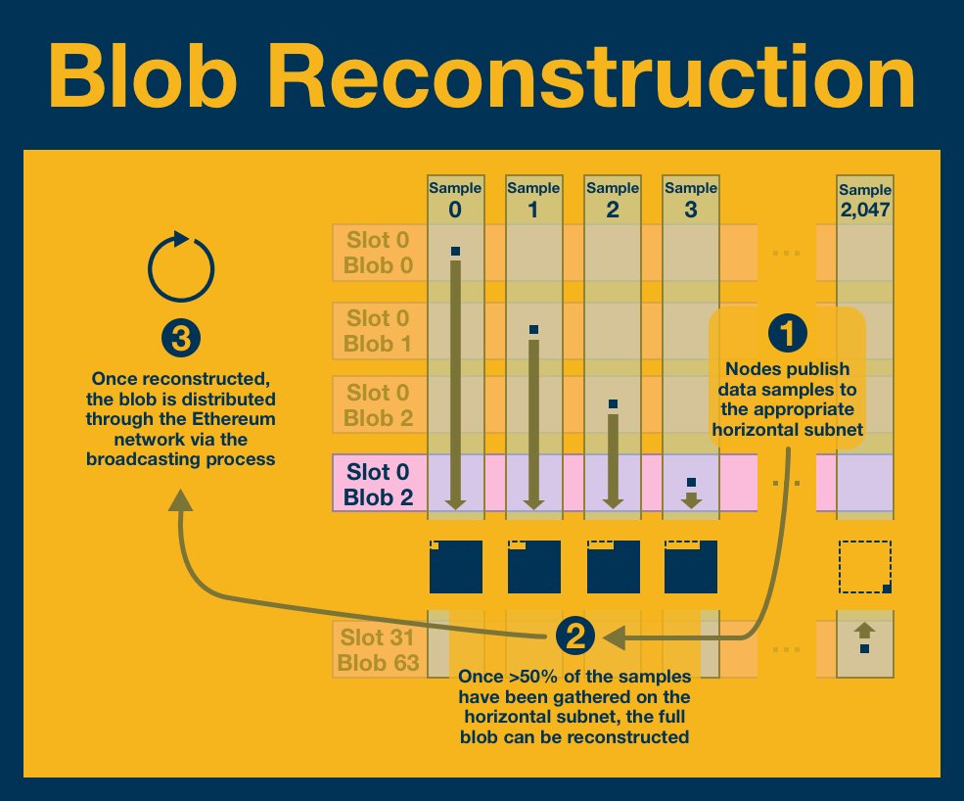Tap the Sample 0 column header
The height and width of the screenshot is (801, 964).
point(454,199)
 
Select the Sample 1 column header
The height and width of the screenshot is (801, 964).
point(533,199)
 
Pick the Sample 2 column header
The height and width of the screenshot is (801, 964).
point(613,199)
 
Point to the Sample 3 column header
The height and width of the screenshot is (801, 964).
point(691,199)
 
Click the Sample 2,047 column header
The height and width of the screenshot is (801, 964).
point(865,201)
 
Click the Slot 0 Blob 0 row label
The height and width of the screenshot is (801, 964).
point(380,253)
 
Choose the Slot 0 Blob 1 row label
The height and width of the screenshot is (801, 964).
point(380,331)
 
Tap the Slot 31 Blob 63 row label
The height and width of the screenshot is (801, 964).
point(379,649)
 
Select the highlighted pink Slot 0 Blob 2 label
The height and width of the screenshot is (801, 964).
point(379,484)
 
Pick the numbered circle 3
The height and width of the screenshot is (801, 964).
point(180,340)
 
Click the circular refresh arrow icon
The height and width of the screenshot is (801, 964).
point(180,265)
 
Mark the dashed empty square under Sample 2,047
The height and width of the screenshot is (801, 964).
point(865,567)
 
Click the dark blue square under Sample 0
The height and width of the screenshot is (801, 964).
point(456,567)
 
